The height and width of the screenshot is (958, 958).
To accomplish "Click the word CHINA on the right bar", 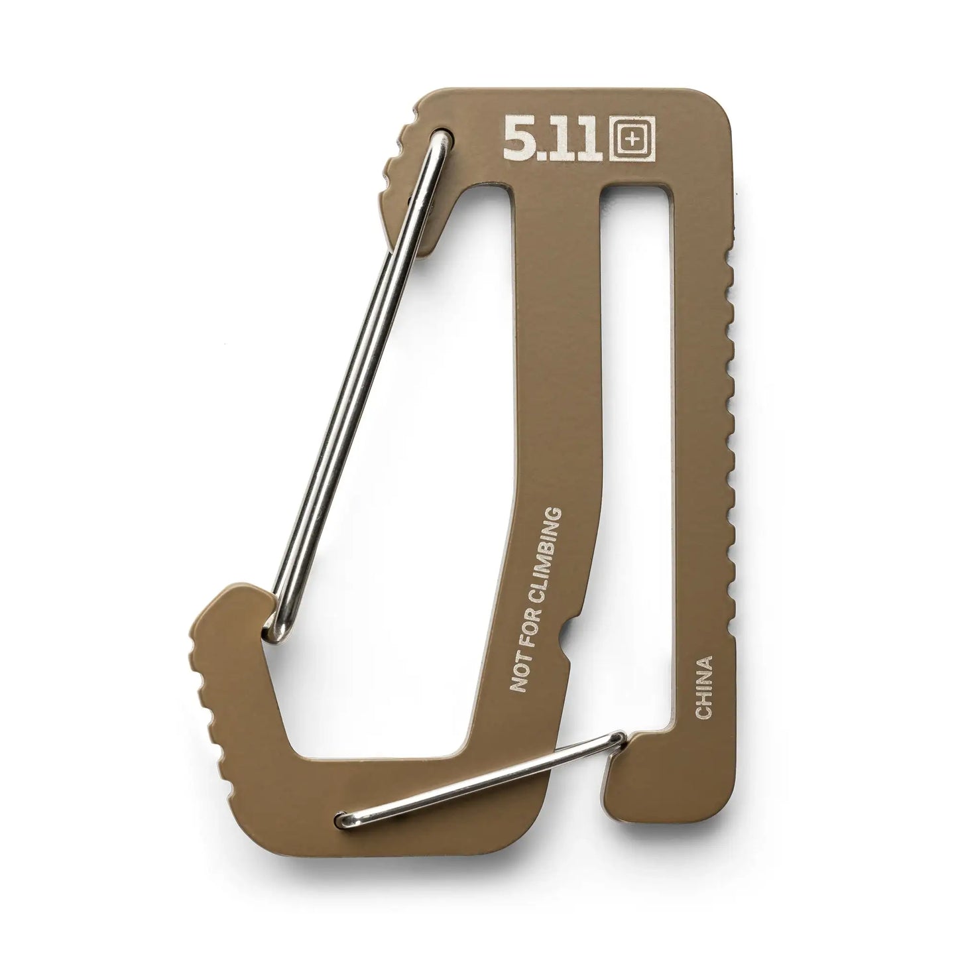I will (703, 687).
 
